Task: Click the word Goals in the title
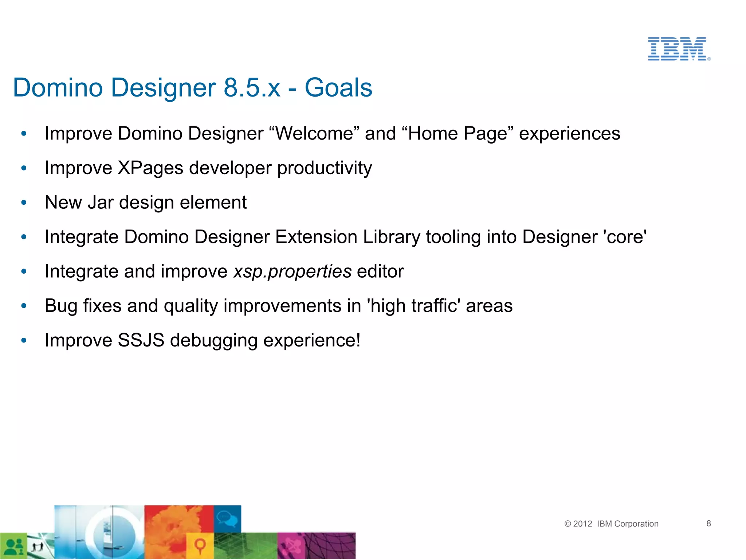click(x=338, y=88)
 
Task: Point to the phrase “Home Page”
click(x=458, y=133)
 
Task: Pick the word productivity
click(x=325, y=168)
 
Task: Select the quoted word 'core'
click(x=625, y=237)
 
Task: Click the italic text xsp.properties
click(x=292, y=271)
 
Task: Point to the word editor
click(x=380, y=271)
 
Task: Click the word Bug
click(x=61, y=306)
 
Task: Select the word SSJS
click(x=141, y=340)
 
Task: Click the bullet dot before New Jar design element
click(x=24, y=202)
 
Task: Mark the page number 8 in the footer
click(x=708, y=524)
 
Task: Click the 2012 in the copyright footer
click(x=582, y=524)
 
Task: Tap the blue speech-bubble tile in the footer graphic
click(x=227, y=518)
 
